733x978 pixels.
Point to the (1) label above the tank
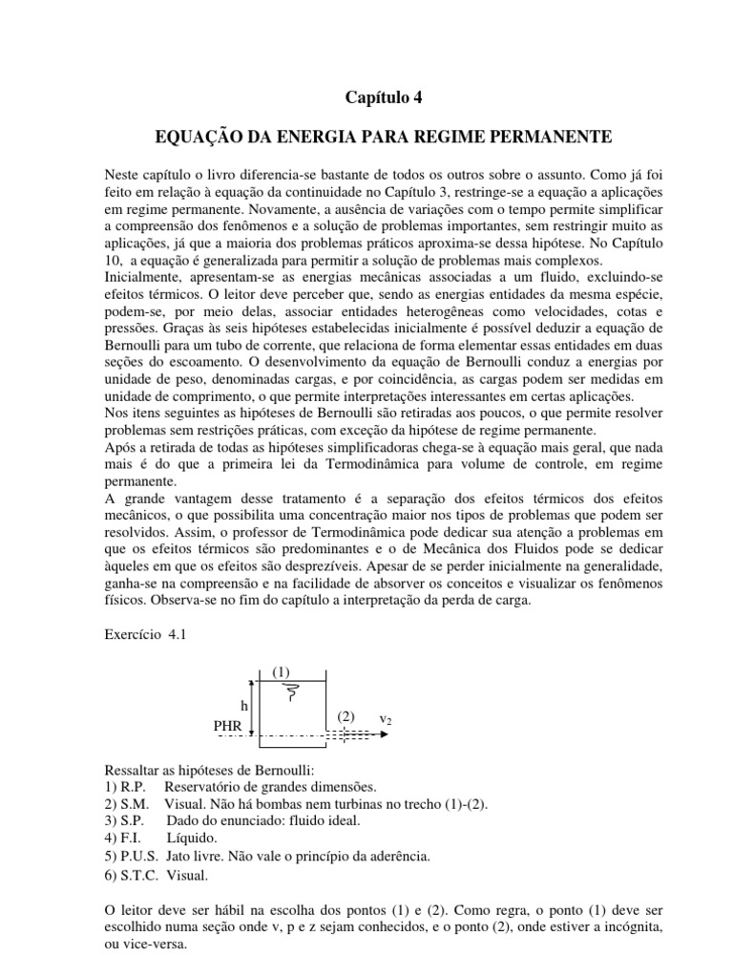tap(281, 672)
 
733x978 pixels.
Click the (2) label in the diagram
tap(346, 715)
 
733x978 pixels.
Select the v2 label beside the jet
tap(387, 718)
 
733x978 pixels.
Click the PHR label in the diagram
tap(228, 726)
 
